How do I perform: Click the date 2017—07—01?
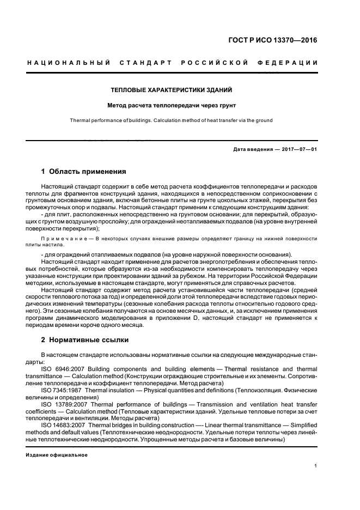(x=298, y=149)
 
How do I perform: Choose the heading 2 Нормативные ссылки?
(x=85, y=340)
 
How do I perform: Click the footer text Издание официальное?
(x=57, y=454)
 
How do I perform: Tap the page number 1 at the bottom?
(x=316, y=466)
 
